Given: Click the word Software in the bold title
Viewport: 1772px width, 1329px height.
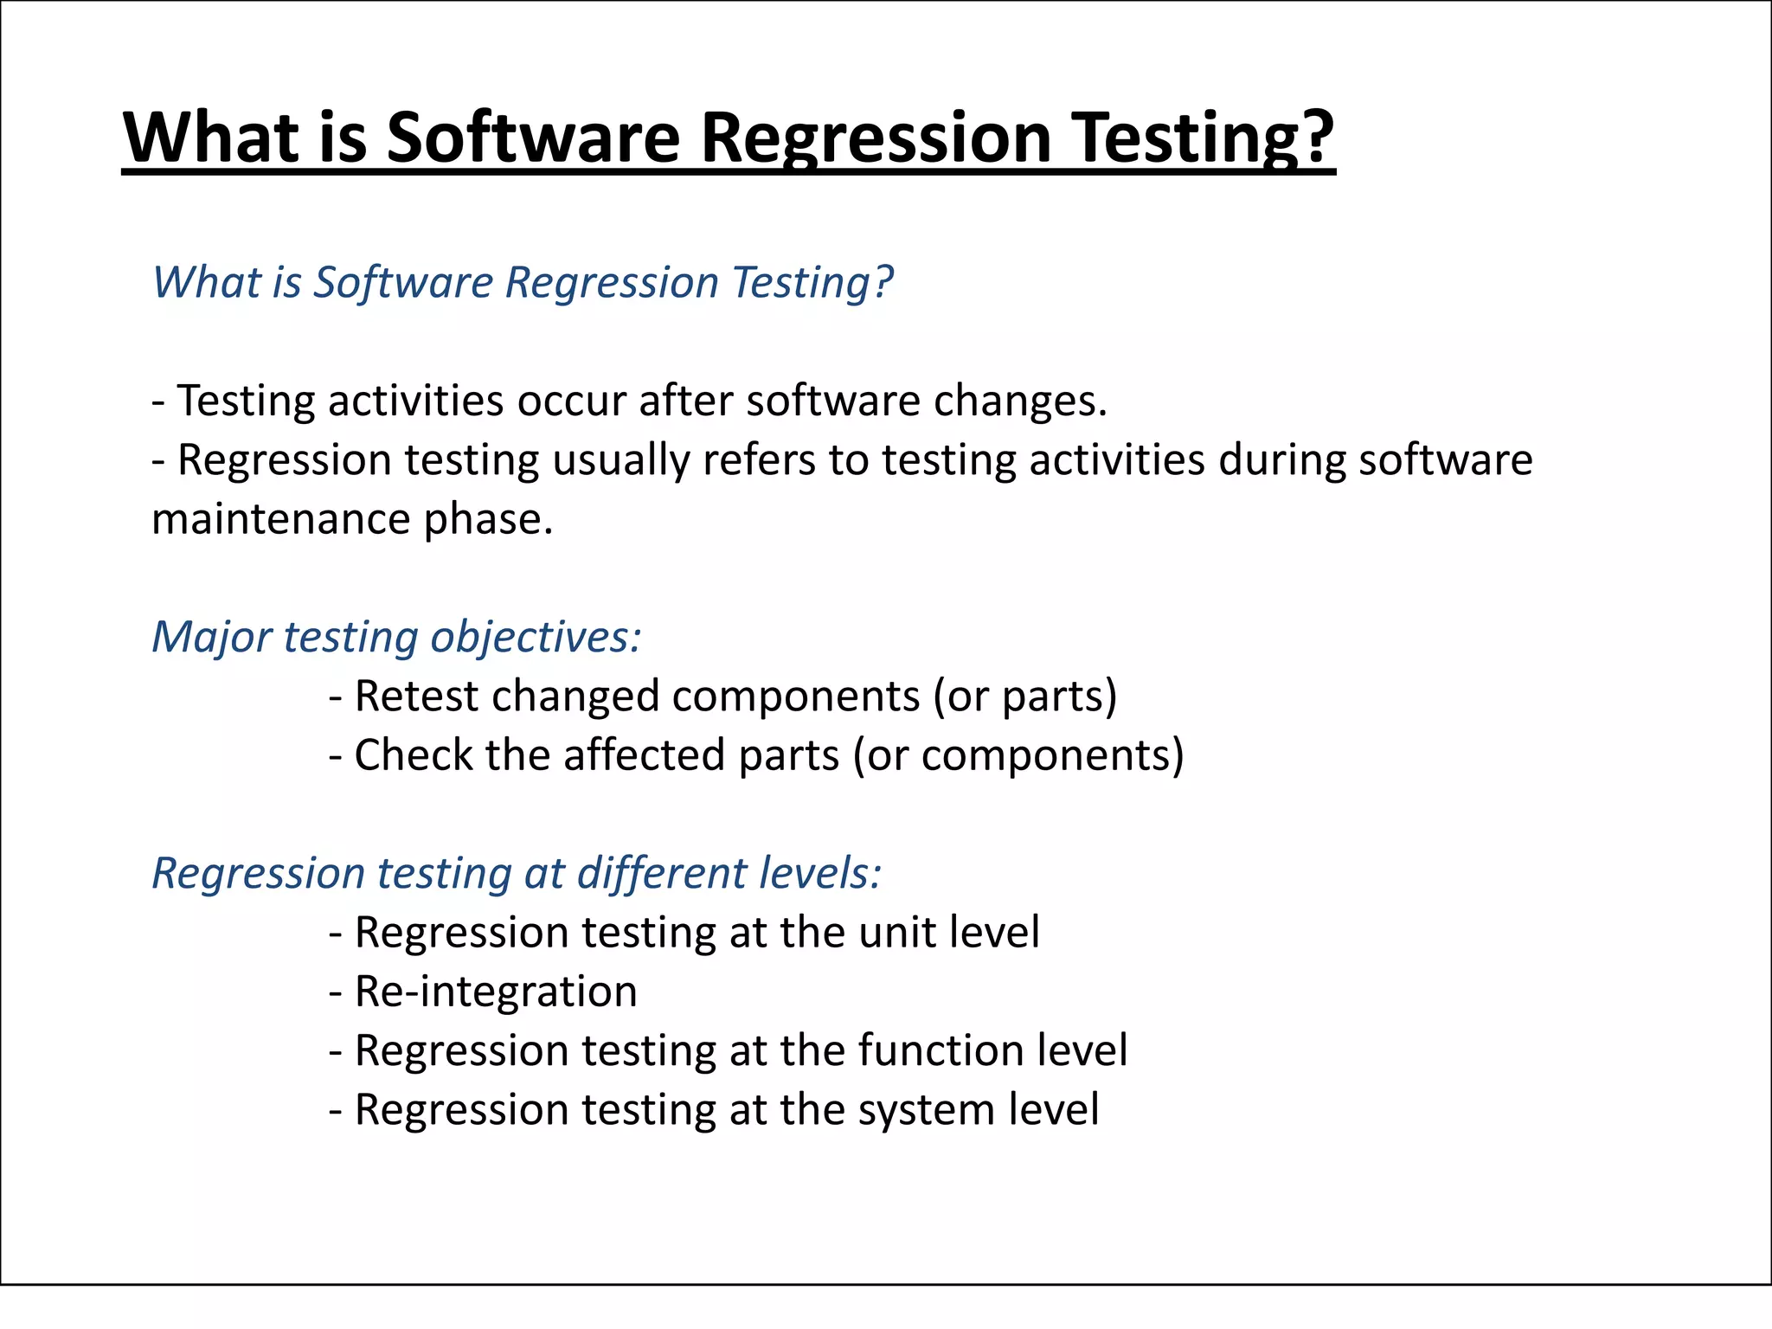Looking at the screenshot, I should coord(533,138).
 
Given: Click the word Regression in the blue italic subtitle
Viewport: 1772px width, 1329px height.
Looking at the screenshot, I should coord(612,283).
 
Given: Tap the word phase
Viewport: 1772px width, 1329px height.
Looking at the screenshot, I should coord(487,520).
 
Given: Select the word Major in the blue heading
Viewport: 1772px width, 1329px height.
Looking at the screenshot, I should coord(212,638).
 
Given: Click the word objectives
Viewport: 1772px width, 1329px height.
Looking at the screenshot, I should coord(536,638).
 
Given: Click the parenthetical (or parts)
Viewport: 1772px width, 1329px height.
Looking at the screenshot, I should coord(1024,697).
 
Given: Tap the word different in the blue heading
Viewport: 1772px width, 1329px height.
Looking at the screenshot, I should coord(649,874).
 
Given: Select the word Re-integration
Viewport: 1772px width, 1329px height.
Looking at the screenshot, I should coord(496,992).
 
